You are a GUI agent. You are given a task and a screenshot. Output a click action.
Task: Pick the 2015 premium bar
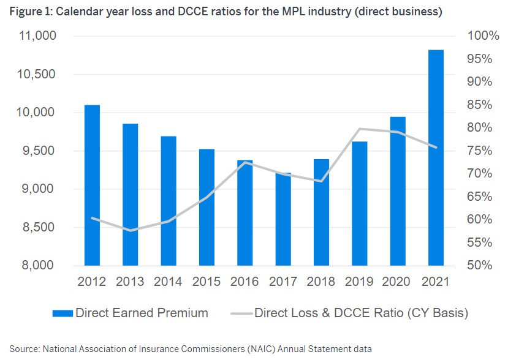point(207,208)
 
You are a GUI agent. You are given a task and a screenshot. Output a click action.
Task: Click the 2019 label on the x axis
point(359,282)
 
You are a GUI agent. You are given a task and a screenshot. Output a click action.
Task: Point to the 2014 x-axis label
point(168,282)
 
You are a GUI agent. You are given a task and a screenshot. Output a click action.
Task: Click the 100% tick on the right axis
point(483,36)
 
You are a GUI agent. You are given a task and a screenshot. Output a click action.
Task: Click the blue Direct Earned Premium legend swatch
point(63,313)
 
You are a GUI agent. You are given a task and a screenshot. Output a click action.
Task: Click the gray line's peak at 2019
point(360,129)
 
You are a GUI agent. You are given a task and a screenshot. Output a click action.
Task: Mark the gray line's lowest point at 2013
point(130,231)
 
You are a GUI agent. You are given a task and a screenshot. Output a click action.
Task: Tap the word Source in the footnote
point(23,349)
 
